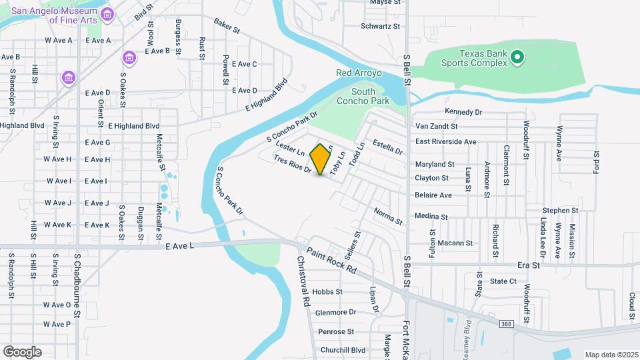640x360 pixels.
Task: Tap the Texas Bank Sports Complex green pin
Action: [x=517, y=59]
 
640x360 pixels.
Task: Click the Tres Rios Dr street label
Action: [x=293, y=164]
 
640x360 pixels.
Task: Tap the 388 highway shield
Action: [x=507, y=323]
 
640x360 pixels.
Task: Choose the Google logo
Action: [x=22, y=351]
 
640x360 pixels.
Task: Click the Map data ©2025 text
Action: [x=610, y=354]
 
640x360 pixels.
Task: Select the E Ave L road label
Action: [x=179, y=246]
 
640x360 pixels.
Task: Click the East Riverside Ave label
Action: [x=446, y=141]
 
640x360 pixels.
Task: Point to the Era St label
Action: [x=528, y=265]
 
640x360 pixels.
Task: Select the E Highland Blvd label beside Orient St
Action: [x=133, y=125]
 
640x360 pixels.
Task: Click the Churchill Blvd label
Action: [x=343, y=350]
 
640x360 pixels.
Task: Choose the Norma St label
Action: [x=388, y=216]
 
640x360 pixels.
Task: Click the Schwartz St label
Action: [x=380, y=27]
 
